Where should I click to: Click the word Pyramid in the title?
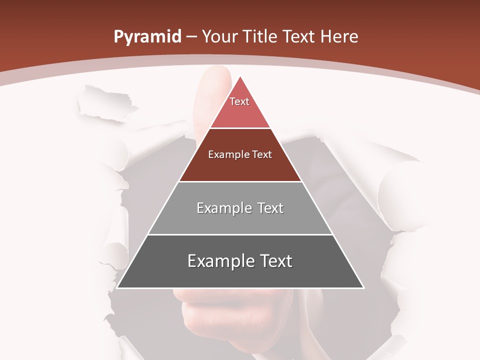click(x=147, y=37)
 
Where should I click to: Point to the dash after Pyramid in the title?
click(x=191, y=37)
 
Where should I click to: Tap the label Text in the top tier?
click(x=239, y=101)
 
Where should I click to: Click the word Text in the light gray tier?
click(x=264, y=208)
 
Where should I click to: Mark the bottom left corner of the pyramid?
click(x=118, y=287)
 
